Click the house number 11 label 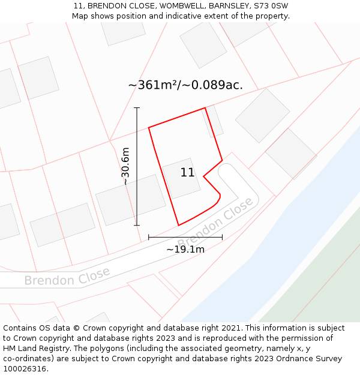click(187, 173)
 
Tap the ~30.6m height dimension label click(125, 166)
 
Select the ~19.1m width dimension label click(185, 249)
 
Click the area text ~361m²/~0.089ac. click(185, 85)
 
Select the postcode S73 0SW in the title click(271, 5)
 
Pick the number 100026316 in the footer click(25, 369)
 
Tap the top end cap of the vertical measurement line click(137, 108)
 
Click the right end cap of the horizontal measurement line click(222, 237)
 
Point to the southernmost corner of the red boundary click(179, 226)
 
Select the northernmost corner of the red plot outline click(205, 108)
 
